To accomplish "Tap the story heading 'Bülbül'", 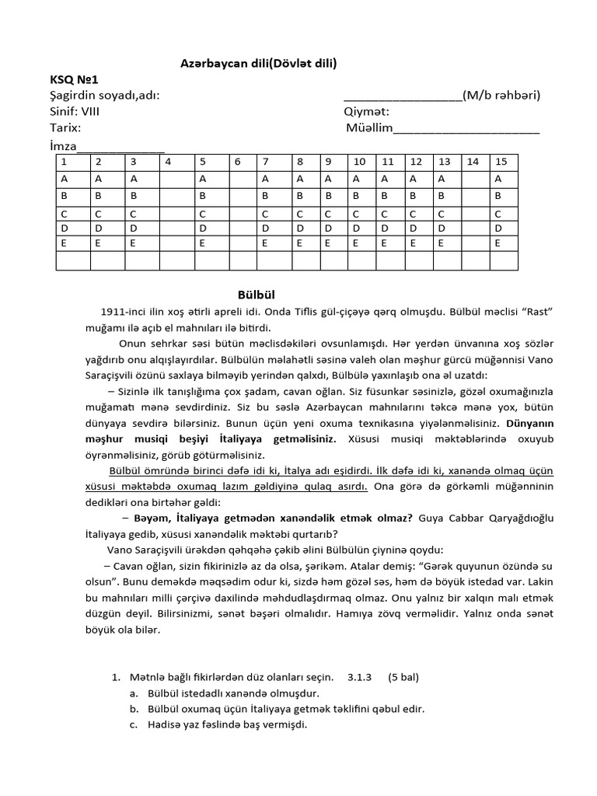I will tap(256, 295).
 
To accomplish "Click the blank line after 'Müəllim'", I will tap(466, 129).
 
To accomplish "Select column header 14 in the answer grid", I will tap(472, 162).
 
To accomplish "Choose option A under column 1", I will tap(65, 179).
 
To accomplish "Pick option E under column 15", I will tap(499, 243).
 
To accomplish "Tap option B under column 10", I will tap(357, 196).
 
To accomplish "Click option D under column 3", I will tap(133, 229).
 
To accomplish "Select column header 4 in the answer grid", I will tap(168, 162).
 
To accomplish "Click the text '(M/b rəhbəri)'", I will tap(501, 96).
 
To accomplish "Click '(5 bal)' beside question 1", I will tap(403, 676).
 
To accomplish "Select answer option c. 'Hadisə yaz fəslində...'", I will tap(218, 724).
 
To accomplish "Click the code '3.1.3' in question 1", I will tap(361, 676).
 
